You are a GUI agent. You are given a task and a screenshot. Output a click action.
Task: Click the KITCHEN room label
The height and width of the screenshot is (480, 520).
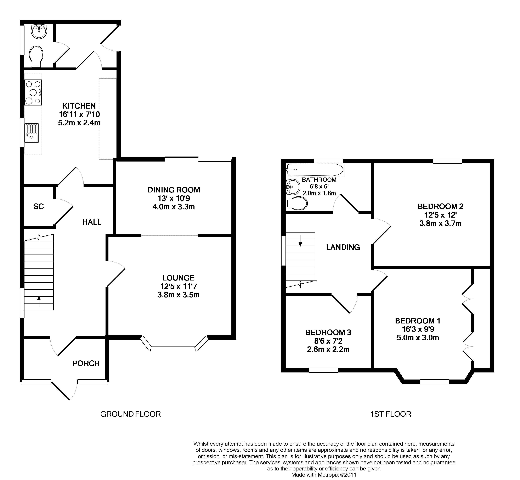click(x=79, y=106)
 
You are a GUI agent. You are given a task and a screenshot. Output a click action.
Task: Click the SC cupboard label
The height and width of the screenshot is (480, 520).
click(x=39, y=207)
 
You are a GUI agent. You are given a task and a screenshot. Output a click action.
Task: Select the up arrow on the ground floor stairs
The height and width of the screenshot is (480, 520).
click(x=39, y=301)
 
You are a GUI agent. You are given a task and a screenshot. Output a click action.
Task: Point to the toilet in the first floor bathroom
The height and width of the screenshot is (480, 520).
click(x=296, y=203)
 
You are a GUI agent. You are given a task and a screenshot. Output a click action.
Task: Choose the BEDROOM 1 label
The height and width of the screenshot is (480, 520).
click(x=418, y=321)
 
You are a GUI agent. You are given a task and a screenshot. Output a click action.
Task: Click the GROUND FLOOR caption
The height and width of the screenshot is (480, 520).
click(x=131, y=414)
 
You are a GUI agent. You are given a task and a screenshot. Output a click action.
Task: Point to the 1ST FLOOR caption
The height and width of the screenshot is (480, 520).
click(x=391, y=414)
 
